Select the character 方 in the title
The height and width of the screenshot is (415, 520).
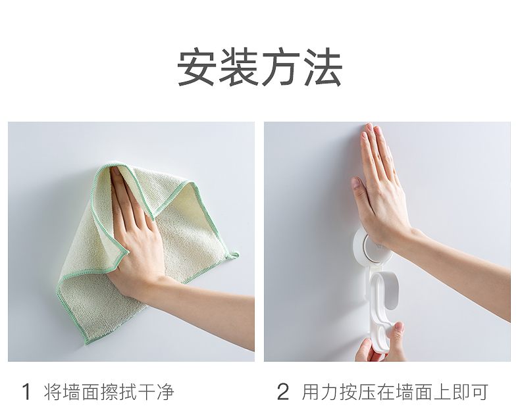tap(280, 67)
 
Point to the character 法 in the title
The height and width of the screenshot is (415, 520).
tap(323, 67)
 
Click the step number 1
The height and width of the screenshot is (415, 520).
tap(26, 391)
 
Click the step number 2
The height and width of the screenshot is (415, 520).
tap(283, 391)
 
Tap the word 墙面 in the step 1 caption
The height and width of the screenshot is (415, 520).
tap(81, 391)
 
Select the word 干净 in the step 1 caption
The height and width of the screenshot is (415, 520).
tap(156, 391)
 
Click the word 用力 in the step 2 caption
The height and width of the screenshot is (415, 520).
tap(320, 391)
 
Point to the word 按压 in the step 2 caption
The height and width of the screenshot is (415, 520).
tap(357, 391)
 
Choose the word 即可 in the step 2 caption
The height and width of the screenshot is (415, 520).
tap(470, 391)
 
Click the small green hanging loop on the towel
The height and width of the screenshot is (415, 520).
tap(233, 255)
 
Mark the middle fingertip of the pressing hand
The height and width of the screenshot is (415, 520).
tap(369, 126)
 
